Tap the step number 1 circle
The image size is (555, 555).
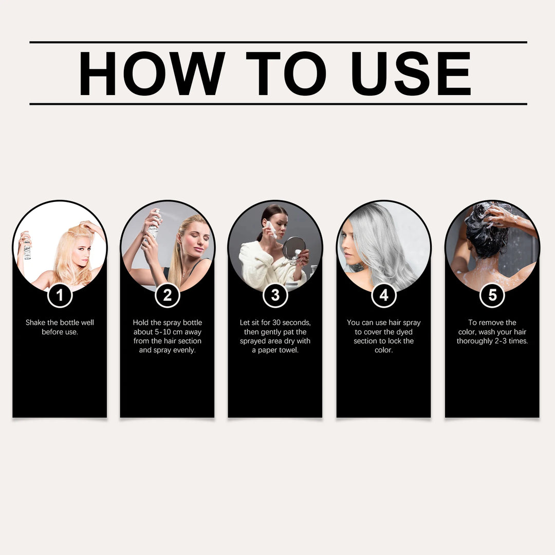(x=60, y=295)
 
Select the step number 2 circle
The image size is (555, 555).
(x=167, y=295)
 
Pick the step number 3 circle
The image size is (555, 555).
(x=275, y=295)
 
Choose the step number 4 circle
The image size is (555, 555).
(x=383, y=295)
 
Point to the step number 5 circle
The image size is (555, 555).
(x=492, y=295)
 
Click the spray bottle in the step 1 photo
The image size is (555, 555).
(x=27, y=248)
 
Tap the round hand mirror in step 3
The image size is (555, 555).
(x=293, y=248)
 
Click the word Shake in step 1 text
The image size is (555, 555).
(x=35, y=323)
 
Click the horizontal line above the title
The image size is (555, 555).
(x=278, y=42)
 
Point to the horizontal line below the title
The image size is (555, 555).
(x=278, y=104)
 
